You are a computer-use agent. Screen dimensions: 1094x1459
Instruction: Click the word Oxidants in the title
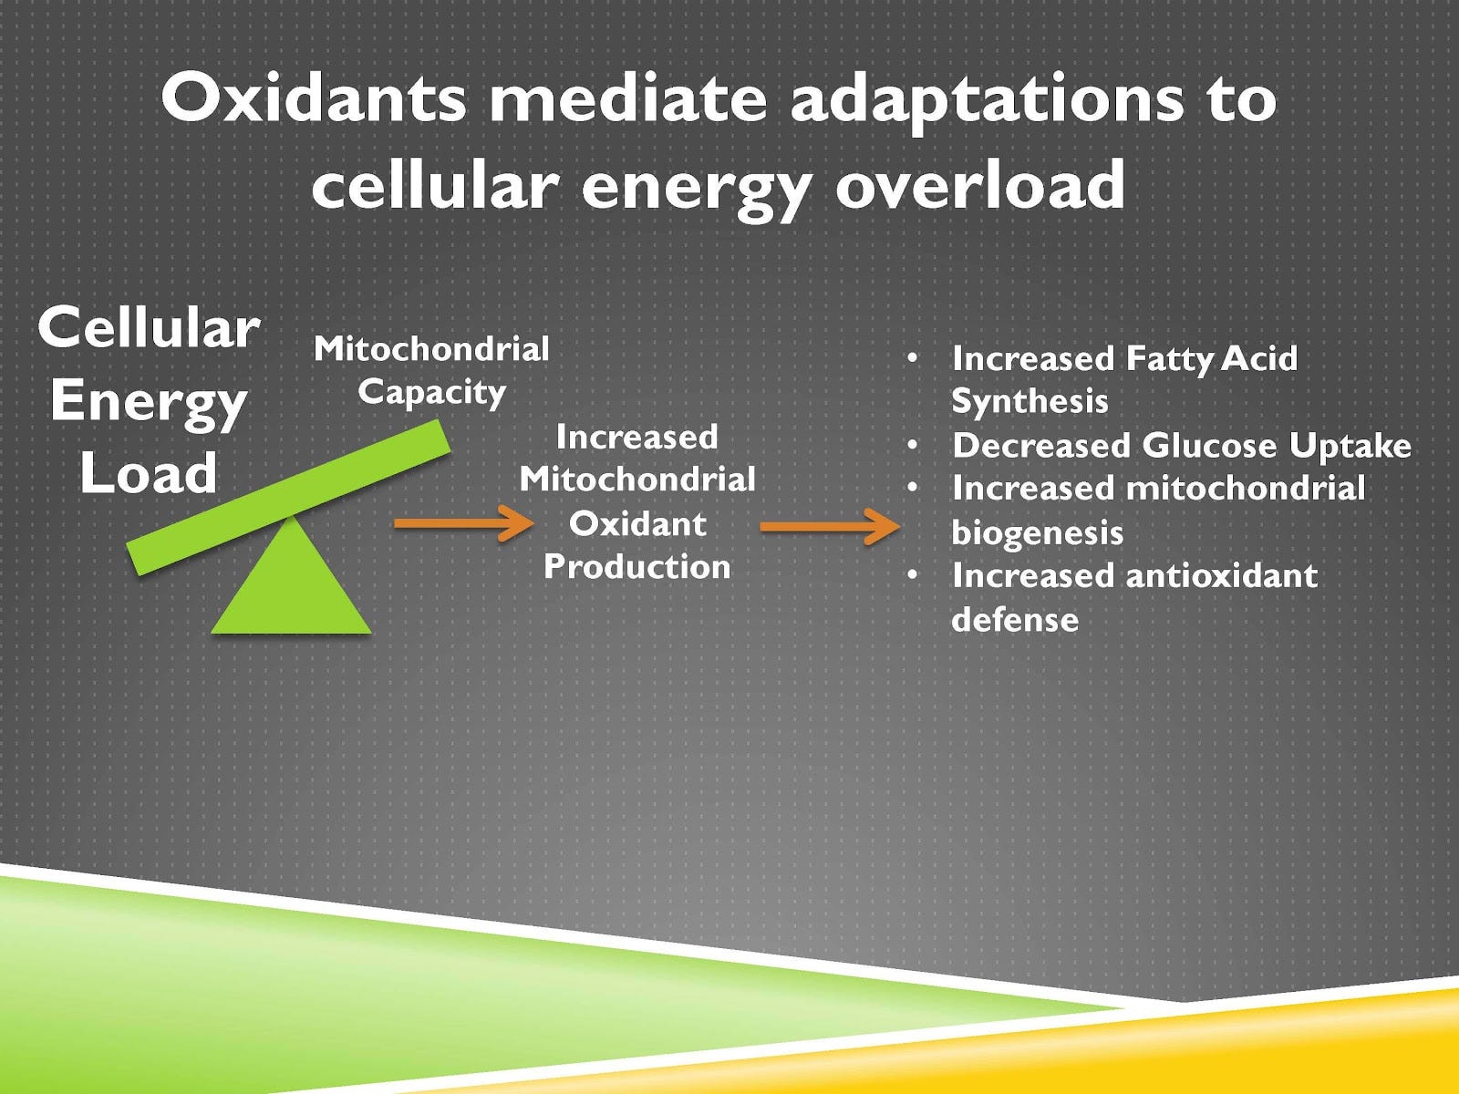point(312,98)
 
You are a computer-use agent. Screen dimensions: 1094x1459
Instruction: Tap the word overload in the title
point(980,185)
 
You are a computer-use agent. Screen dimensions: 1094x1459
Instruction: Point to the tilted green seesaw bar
point(288,497)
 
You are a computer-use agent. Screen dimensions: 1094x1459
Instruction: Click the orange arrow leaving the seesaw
point(463,524)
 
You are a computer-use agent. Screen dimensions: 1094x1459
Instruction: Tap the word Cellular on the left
point(149,328)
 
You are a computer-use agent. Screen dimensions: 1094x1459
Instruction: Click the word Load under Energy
point(149,473)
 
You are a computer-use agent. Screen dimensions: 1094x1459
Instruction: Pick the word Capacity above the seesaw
point(431,392)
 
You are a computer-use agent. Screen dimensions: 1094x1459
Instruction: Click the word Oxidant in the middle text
point(637,523)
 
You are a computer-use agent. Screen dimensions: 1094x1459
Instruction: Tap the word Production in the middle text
point(637,567)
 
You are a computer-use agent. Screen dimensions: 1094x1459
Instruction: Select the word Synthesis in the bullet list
point(1030,401)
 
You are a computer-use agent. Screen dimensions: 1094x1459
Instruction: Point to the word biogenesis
point(1037,532)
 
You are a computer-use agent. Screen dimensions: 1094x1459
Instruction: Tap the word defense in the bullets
point(1015,620)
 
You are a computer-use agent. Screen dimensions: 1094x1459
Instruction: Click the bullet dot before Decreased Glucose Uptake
point(913,446)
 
